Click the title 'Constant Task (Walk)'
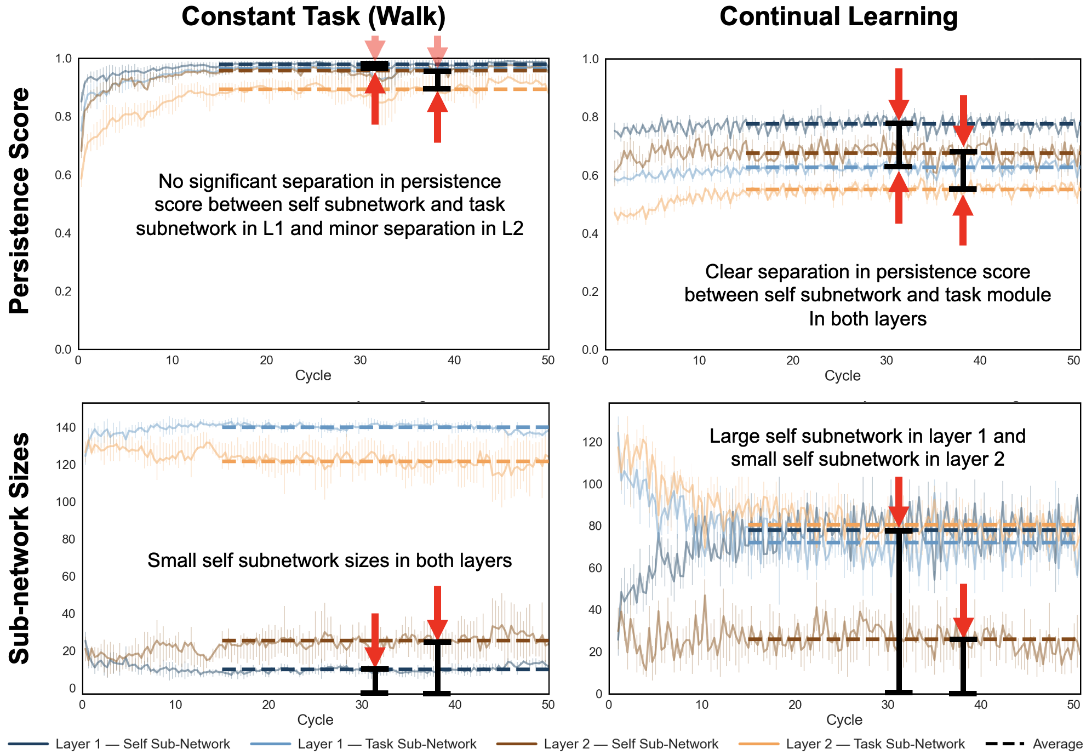coord(313,16)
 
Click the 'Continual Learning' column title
coord(838,16)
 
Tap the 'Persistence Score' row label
coord(20,201)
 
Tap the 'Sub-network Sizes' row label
coord(20,548)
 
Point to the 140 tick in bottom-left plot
coord(66,428)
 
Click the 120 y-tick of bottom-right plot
coord(594,442)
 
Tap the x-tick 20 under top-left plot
coord(266,361)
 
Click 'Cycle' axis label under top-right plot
coord(842,376)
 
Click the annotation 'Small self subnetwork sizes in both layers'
coord(329,560)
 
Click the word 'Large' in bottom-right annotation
coord(732,436)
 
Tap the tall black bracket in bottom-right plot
coord(899,611)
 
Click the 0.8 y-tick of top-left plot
coord(64,117)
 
